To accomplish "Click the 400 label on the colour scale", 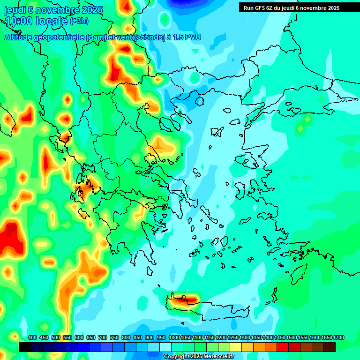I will (x=32, y=337).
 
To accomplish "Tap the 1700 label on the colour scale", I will (x=326, y=337).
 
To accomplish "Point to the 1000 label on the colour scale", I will (x=174, y=337).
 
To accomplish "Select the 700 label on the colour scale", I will (x=103, y=337).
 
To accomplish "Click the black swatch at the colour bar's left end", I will (x=25, y=347).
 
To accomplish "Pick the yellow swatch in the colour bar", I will (x=236, y=347).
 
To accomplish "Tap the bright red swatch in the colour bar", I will (x=283, y=347).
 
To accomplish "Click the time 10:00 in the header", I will (x=19, y=21).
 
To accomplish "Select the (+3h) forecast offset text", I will (x=79, y=21).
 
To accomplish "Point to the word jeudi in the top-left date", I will (x=15, y=9).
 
